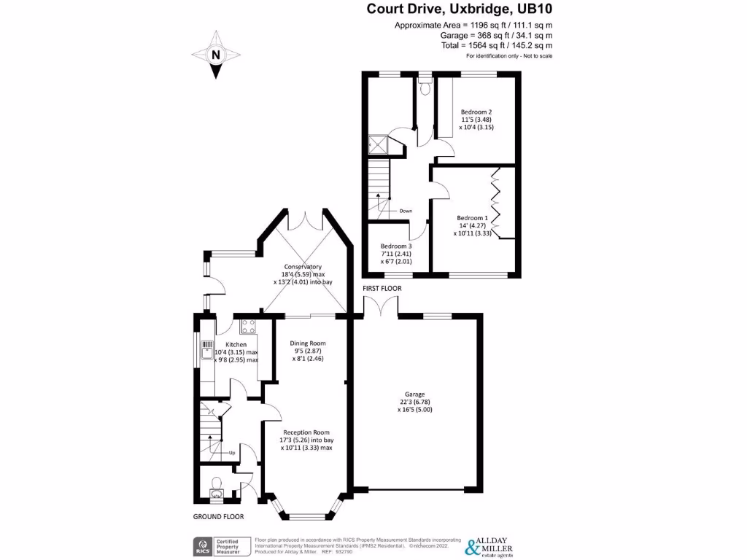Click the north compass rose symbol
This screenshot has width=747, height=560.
[x=215, y=55]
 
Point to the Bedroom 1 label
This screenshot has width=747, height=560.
[x=472, y=217]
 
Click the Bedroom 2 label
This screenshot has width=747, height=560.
[x=476, y=112]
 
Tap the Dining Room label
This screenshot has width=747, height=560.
[x=307, y=343]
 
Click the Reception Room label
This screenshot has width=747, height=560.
[x=306, y=432]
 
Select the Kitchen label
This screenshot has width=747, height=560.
[x=236, y=344]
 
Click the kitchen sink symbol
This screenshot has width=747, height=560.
[x=207, y=350]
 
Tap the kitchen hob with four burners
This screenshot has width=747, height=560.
[x=247, y=327]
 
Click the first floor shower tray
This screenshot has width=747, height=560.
[x=378, y=146]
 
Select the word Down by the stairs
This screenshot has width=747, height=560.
[x=406, y=211]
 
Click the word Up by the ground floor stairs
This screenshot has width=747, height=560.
[x=232, y=452]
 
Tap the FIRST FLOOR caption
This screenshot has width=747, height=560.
[x=382, y=288]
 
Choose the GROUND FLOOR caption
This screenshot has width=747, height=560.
[x=218, y=516]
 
